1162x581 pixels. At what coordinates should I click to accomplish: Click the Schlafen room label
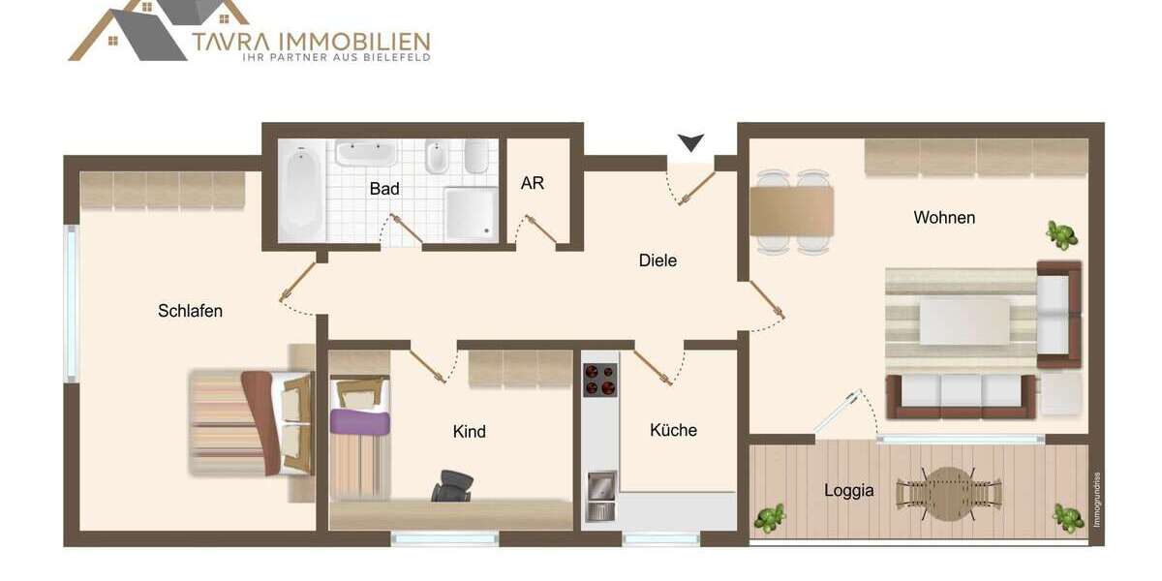click(x=190, y=311)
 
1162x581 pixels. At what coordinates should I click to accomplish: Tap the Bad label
click(x=384, y=189)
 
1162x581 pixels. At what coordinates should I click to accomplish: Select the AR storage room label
click(x=532, y=183)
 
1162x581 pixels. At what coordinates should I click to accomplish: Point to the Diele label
click(x=657, y=260)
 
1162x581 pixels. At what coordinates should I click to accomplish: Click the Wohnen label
click(x=944, y=218)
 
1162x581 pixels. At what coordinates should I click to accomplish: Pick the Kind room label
click(x=469, y=431)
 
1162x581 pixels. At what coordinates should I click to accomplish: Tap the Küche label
click(x=673, y=430)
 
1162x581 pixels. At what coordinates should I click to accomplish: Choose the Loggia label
click(x=848, y=491)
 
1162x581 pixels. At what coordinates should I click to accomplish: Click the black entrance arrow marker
click(x=690, y=143)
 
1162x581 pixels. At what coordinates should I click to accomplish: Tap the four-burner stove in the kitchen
click(x=600, y=380)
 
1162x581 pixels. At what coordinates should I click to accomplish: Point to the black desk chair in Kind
click(x=451, y=485)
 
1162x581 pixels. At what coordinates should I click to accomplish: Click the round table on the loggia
click(x=946, y=492)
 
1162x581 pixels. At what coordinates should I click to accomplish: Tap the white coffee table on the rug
click(x=963, y=321)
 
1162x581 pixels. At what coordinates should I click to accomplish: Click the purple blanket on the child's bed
click(x=359, y=421)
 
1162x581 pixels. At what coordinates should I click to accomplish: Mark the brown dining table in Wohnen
click(x=791, y=211)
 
